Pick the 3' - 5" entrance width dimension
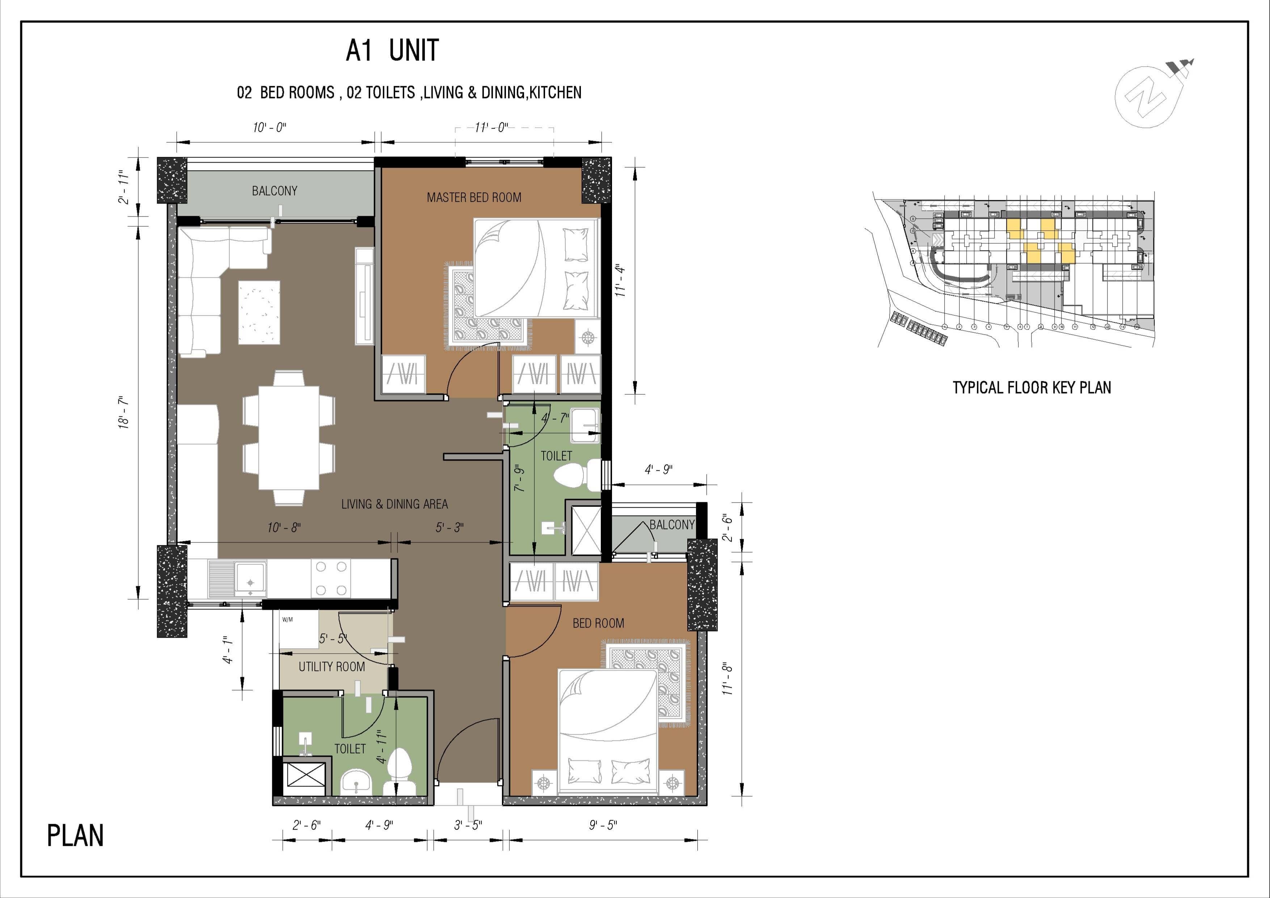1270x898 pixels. (x=468, y=825)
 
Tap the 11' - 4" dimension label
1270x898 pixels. (x=621, y=281)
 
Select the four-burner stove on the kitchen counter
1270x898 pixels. (x=331, y=579)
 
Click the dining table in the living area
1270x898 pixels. (x=289, y=438)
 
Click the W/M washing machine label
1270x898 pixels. (x=287, y=620)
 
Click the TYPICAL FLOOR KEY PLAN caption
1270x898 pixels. (x=1031, y=387)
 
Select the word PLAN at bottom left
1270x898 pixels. (x=75, y=836)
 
